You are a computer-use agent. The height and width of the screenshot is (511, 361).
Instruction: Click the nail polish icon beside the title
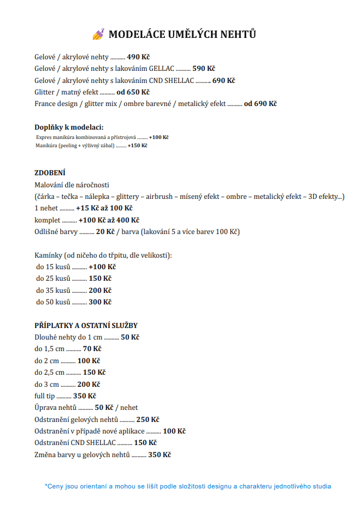[98, 35]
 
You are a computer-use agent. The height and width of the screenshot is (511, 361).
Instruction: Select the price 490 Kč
[138, 57]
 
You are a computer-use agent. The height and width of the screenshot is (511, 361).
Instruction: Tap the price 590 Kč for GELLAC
[203, 69]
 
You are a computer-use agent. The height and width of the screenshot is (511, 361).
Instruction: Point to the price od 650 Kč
[133, 92]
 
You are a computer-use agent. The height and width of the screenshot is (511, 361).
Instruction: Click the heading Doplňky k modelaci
[69, 127]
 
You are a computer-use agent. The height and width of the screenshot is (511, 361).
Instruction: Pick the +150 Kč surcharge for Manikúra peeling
[137, 146]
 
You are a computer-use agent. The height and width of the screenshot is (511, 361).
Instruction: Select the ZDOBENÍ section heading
[50, 173]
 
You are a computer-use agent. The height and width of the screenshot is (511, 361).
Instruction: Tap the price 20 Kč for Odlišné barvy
[105, 232]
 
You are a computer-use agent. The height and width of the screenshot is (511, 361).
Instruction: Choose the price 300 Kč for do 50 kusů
[100, 302]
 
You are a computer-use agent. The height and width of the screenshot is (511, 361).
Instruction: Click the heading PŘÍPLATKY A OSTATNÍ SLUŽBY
[86, 325]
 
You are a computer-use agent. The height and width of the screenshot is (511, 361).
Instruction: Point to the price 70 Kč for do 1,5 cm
[92, 349]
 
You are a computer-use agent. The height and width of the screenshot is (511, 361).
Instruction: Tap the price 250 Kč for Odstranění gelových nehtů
[148, 419]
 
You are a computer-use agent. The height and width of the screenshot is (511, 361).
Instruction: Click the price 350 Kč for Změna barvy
[159, 454]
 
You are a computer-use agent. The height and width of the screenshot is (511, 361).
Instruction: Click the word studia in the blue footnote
[321, 486]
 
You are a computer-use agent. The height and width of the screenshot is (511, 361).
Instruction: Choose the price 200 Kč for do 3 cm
[88, 384]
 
